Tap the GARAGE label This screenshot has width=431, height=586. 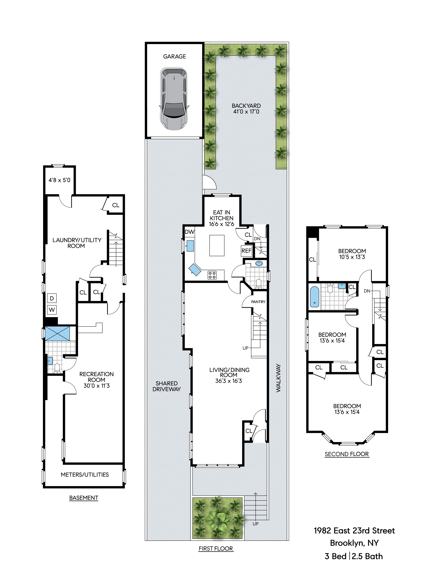pyautogui.click(x=174, y=57)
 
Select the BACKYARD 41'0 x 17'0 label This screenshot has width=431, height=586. pyautogui.click(x=246, y=109)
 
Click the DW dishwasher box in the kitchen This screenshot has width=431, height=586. pyautogui.click(x=190, y=232)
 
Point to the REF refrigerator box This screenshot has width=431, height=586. pyautogui.click(x=246, y=251)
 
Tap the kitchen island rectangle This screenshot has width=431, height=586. pyautogui.click(x=217, y=245)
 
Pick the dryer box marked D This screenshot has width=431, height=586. pyautogui.click(x=52, y=298)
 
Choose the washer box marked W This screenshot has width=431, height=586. pyautogui.click(x=52, y=310)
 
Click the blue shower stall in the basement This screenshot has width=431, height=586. pyautogui.click(x=57, y=333)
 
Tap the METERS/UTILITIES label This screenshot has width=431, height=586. pyautogui.click(x=85, y=475)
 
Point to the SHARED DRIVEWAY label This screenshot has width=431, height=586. pyautogui.click(x=167, y=386)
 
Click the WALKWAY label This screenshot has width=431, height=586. pyautogui.click(x=278, y=378)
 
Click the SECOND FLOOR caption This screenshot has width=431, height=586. pyautogui.click(x=347, y=454)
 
